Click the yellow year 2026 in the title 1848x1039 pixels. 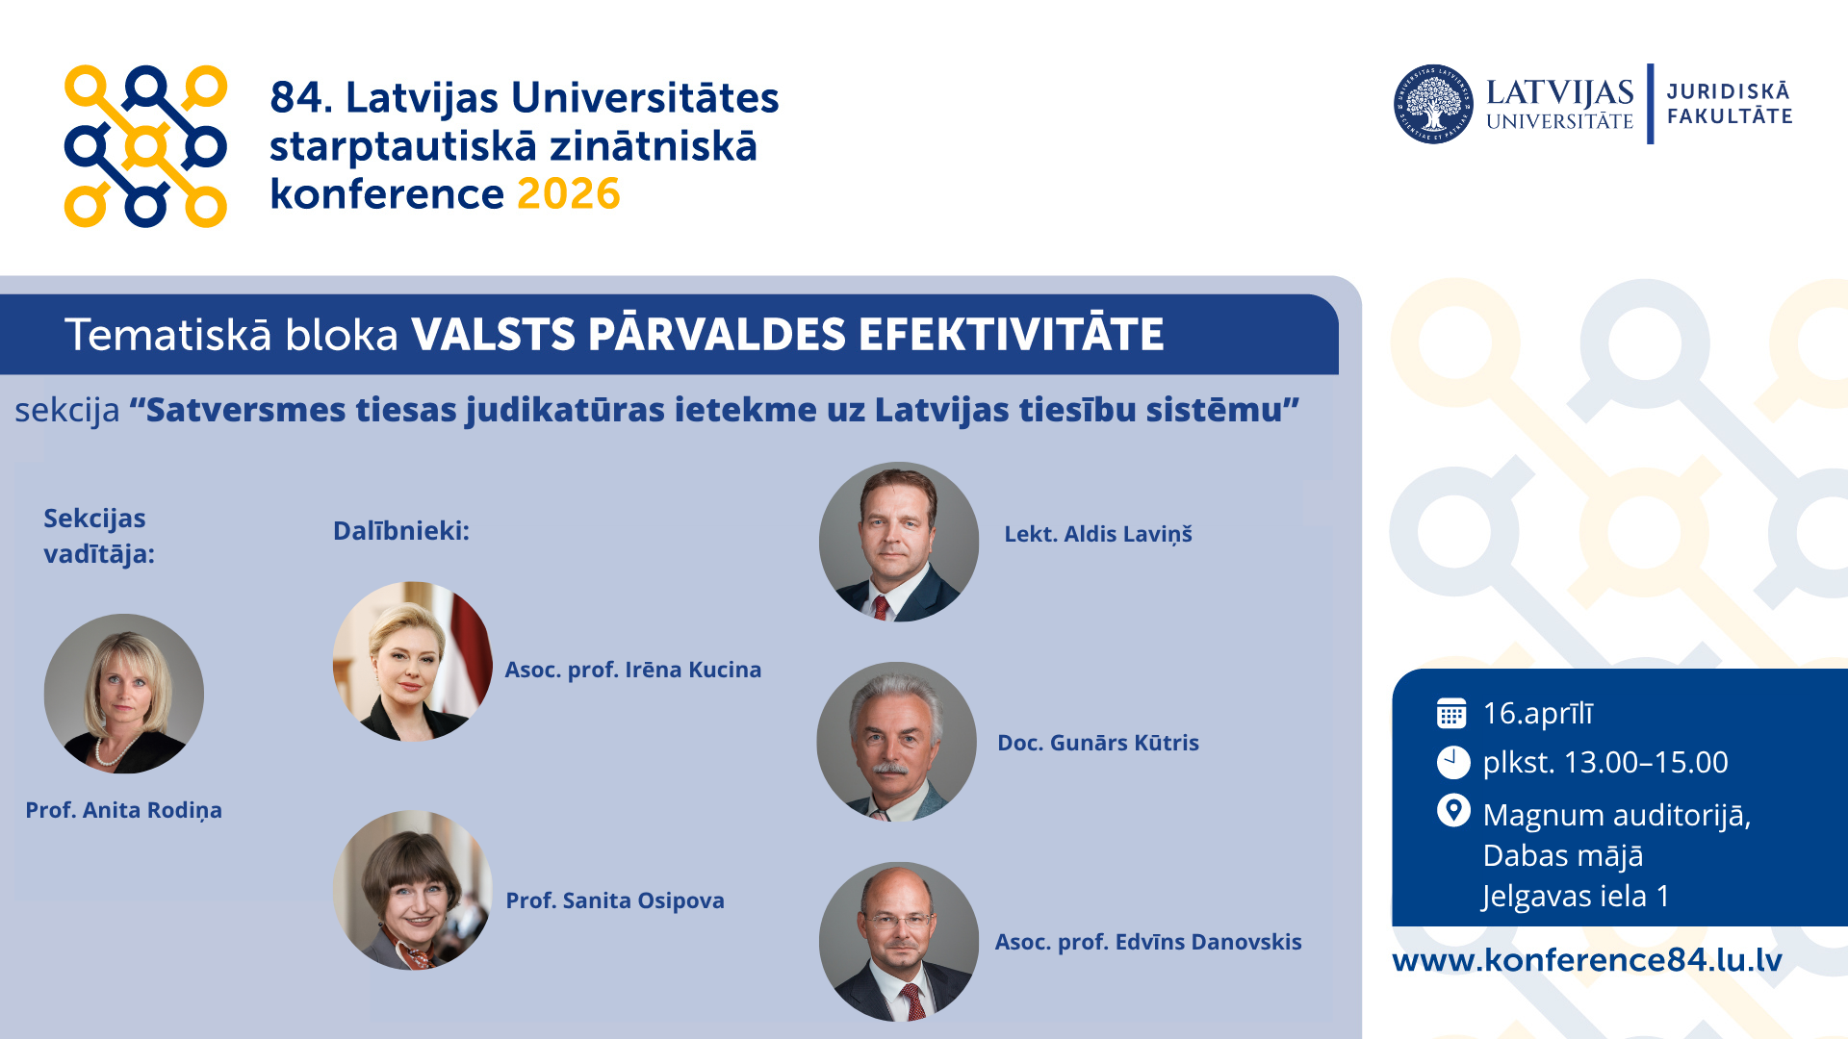(569, 194)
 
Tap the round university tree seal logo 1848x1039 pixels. (1433, 104)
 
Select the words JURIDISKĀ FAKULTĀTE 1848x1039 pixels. (1730, 104)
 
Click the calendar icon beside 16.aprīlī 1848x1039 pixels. (1451, 713)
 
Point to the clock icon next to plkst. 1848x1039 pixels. (1453, 762)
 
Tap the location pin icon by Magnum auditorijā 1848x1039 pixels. (1453, 811)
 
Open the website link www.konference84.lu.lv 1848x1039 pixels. (1587, 960)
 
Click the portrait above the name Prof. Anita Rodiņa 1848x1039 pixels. (124, 694)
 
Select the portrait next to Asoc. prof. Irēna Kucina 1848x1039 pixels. (412, 661)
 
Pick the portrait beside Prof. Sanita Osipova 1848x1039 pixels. (412, 890)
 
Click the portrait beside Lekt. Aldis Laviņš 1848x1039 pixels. (899, 542)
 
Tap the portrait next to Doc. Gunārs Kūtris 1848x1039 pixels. (897, 742)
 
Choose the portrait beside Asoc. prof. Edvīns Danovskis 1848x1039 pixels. (899, 942)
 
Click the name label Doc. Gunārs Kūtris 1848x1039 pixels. (1098, 743)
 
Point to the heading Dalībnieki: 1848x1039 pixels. (401, 531)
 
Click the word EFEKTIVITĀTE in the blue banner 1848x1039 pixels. (1012, 334)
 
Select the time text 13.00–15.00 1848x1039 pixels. (1646, 762)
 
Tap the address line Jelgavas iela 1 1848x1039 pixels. (1577, 897)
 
